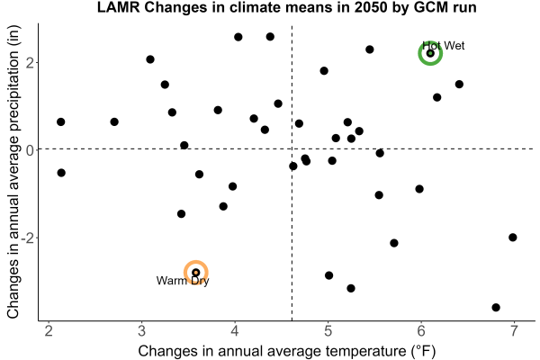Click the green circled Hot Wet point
tap(430, 53)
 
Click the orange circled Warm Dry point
tap(195, 273)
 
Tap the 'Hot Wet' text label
tap(444, 46)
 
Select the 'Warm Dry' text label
tap(183, 281)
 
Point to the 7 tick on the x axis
tap(514, 330)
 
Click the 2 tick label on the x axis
tap(49, 330)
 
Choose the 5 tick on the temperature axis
tap(328, 330)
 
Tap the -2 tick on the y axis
tap(27, 238)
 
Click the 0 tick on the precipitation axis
tap(30, 149)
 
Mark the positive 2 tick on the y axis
tap(30, 63)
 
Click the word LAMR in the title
tap(119, 7)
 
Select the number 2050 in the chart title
tap(371, 7)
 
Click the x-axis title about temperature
tap(287, 351)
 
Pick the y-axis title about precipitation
tap(13, 172)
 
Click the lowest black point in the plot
tap(496, 307)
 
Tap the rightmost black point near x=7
tap(512, 237)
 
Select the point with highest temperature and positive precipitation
tap(459, 84)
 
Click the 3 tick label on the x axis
tap(141, 330)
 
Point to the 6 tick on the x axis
tap(421, 330)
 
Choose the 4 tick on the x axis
tap(235, 330)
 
